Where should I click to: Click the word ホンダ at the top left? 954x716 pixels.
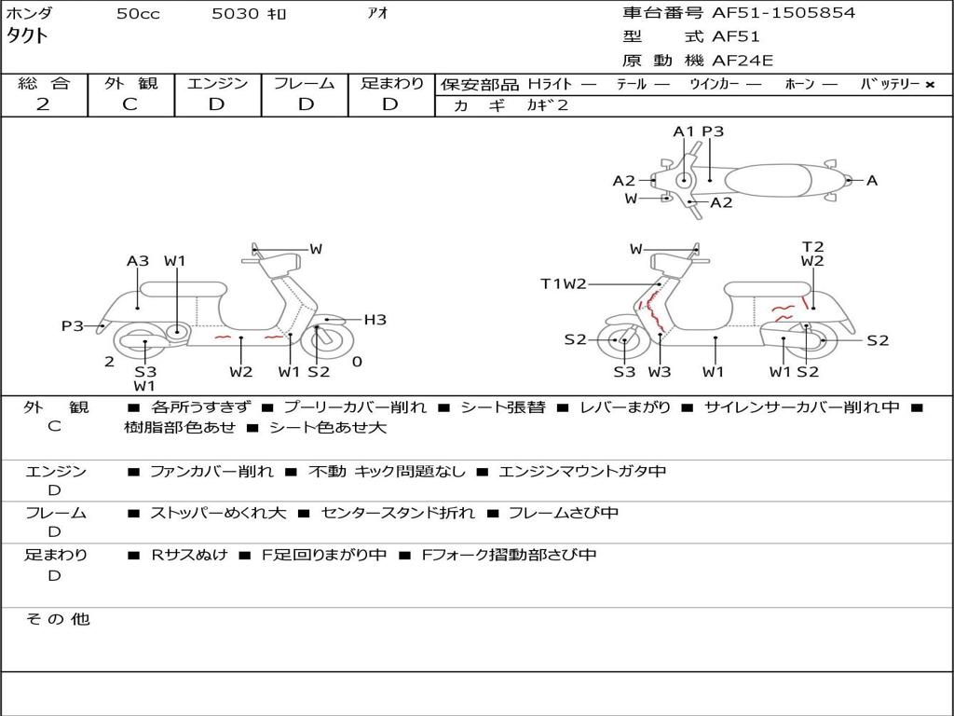click(29, 14)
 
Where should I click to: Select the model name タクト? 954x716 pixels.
click(27, 37)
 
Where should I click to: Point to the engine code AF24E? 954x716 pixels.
click(743, 61)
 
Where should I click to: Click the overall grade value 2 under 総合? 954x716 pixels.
click(43, 104)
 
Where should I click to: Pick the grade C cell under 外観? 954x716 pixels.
click(130, 104)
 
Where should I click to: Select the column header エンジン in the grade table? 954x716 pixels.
click(217, 84)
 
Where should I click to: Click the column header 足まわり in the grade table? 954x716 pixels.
click(392, 84)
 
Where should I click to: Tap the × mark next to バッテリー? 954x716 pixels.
click(930, 85)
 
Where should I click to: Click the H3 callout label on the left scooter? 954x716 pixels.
click(375, 320)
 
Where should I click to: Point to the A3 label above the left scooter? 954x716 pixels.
click(138, 261)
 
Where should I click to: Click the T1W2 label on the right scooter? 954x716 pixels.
click(564, 284)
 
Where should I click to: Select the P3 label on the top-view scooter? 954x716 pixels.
click(713, 131)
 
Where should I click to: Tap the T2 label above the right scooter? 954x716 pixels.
click(812, 247)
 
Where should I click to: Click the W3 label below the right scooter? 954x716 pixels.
click(660, 372)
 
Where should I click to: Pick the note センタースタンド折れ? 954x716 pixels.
click(398, 513)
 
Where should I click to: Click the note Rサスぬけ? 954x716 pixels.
click(189, 555)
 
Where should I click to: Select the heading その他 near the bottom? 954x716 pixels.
click(58, 619)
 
